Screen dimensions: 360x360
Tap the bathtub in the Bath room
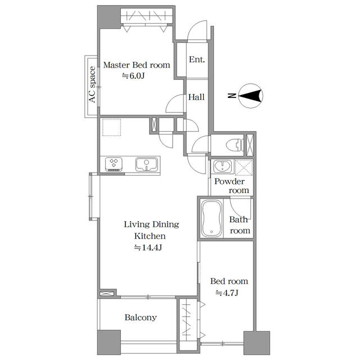tap(211, 219)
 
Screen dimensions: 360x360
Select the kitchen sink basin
tap(146, 164)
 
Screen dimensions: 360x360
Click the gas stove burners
tap(114, 164)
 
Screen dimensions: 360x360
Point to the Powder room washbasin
tap(223, 166)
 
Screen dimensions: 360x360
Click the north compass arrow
tap(250, 96)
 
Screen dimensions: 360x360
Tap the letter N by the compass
tap(232, 96)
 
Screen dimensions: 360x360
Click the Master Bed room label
tap(137, 65)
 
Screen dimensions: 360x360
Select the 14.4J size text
tap(148, 247)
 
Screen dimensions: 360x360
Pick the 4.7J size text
tap(227, 293)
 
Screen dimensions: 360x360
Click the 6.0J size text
tap(133, 76)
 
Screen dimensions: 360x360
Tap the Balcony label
tap(141, 317)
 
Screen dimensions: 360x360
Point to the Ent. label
tap(197, 60)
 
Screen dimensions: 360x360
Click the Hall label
tap(196, 97)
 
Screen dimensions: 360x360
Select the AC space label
tap(92, 84)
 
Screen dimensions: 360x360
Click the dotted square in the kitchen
tap(111, 128)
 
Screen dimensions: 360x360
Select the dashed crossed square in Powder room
tap(244, 168)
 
